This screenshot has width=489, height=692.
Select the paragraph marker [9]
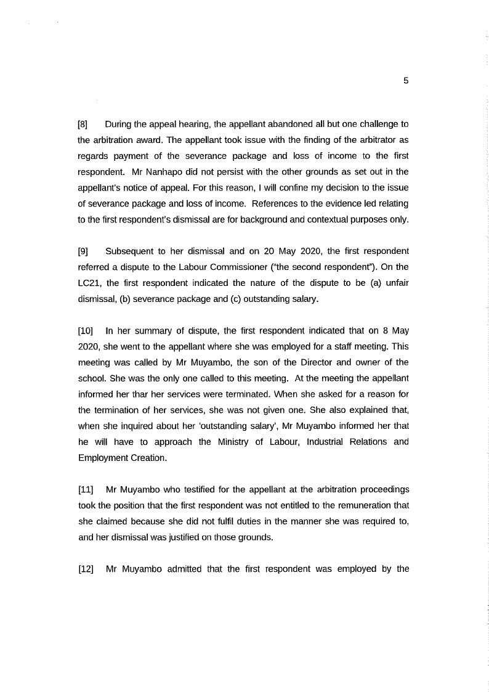(83, 251)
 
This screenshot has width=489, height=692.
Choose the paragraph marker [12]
(86, 569)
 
